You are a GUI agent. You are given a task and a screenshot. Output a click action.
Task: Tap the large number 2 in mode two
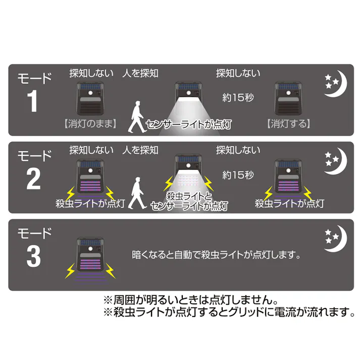tap(33, 179)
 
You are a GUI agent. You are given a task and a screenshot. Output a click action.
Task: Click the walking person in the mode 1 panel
tap(135, 117)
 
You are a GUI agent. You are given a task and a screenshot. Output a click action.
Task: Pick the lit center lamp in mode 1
tap(188, 93)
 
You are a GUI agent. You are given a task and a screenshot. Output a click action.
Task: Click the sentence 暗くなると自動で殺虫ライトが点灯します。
tap(212, 252)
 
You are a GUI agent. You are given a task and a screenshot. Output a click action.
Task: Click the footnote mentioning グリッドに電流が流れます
tap(228, 313)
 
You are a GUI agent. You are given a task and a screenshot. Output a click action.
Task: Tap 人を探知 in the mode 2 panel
tap(140, 150)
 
